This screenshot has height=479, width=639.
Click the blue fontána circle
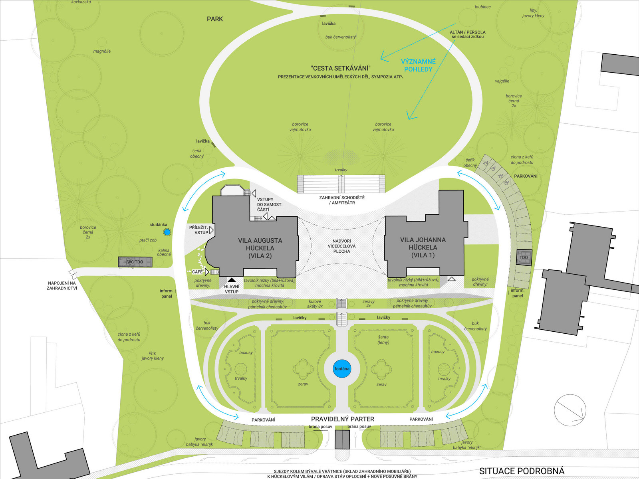pos(342,369)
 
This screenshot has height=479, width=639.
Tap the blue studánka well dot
pos(167,232)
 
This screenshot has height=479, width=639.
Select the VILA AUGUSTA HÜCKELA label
pos(260,248)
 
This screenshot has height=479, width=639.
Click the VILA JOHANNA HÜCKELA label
pos(423,247)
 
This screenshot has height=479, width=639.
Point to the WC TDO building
pos(135,262)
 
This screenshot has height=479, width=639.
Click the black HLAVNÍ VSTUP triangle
pos(232,280)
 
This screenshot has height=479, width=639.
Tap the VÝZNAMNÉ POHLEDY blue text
pos(418,65)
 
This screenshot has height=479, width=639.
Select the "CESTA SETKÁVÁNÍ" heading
pos(341,68)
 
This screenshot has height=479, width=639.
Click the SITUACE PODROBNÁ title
pos(522,471)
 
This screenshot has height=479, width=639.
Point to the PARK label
pos(215,19)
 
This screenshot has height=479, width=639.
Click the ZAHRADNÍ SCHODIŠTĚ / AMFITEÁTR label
pos(342,200)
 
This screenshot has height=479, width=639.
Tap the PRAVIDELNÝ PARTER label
pos(343,419)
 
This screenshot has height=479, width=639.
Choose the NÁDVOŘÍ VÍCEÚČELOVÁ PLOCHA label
pos(341,246)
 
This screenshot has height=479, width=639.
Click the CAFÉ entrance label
pos(197,272)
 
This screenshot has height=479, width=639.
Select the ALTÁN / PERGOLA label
pos(468,34)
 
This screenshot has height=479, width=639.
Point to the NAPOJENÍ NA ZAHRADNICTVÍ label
pos(62,285)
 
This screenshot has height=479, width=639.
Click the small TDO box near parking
pos(524,257)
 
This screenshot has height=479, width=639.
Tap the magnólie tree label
pos(102,51)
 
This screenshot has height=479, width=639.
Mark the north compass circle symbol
pos(570,410)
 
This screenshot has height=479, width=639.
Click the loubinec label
pos(482,7)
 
